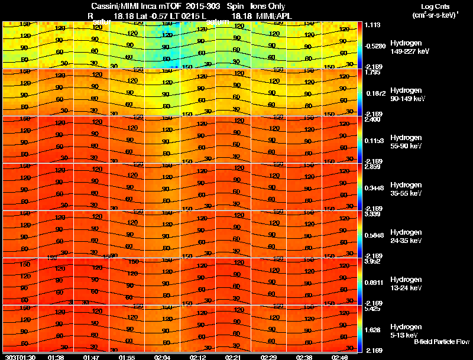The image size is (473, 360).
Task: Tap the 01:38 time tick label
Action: tap(56, 357)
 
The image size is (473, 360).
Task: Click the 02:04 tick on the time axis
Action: tap(162, 357)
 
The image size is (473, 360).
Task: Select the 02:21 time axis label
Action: tap(232, 357)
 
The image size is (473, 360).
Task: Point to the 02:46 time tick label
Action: tap(339, 357)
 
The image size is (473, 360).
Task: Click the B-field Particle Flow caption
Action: tap(442, 342)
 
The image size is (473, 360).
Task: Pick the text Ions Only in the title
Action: tap(267, 7)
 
